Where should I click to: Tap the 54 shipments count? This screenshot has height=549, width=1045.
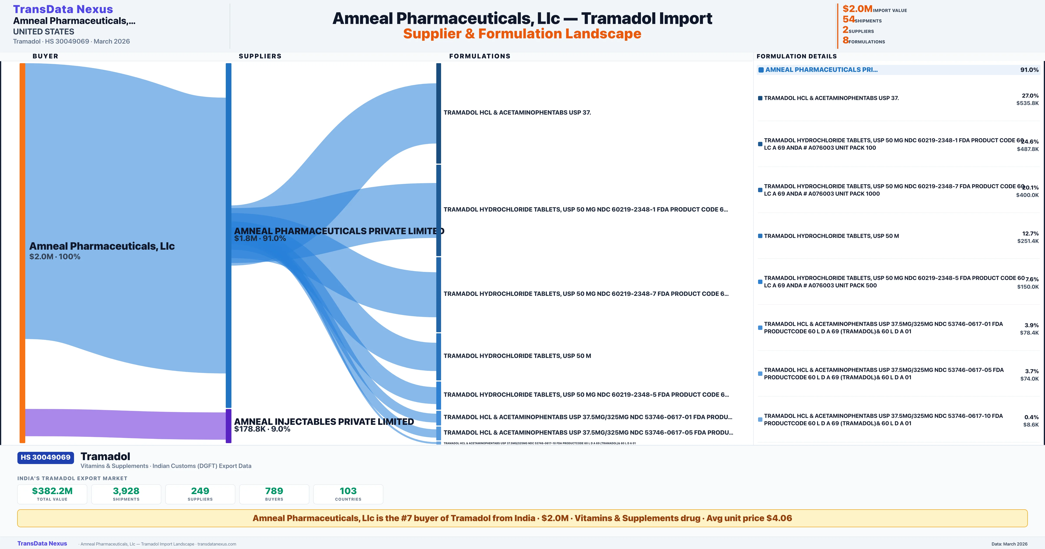[x=848, y=19]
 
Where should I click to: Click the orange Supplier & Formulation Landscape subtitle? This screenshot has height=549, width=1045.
[x=522, y=34]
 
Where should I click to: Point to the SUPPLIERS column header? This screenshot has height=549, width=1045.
[x=260, y=56]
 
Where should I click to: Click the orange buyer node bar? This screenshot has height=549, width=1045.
[x=22, y=252]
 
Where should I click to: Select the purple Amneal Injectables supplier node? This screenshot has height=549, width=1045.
[x=228, y=425]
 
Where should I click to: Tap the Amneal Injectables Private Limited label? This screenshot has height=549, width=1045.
[x=324, y=422]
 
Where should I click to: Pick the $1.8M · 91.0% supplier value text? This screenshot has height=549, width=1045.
[x=260, y=238]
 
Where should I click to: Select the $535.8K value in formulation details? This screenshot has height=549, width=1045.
[x=1027, y=103]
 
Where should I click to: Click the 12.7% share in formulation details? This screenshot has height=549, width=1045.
[x=1030, y=234]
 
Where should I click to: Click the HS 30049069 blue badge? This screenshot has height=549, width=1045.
[x=46, y=457]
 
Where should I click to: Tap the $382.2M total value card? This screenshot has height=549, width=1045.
[x=52, y=494]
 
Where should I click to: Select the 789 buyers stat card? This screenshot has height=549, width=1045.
[x=274, y=494]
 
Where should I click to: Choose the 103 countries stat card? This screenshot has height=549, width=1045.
[x=348, y=494]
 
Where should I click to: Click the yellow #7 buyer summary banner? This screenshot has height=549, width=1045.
[x=522, y=518]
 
